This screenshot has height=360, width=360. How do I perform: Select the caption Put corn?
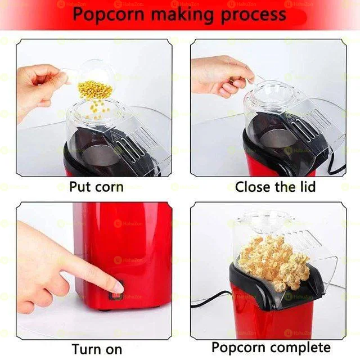(96, 187)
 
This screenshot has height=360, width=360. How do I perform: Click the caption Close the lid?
(275, 187)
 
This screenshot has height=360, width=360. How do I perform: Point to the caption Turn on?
(97, 349)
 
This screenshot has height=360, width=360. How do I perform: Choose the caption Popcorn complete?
(271, 348)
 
